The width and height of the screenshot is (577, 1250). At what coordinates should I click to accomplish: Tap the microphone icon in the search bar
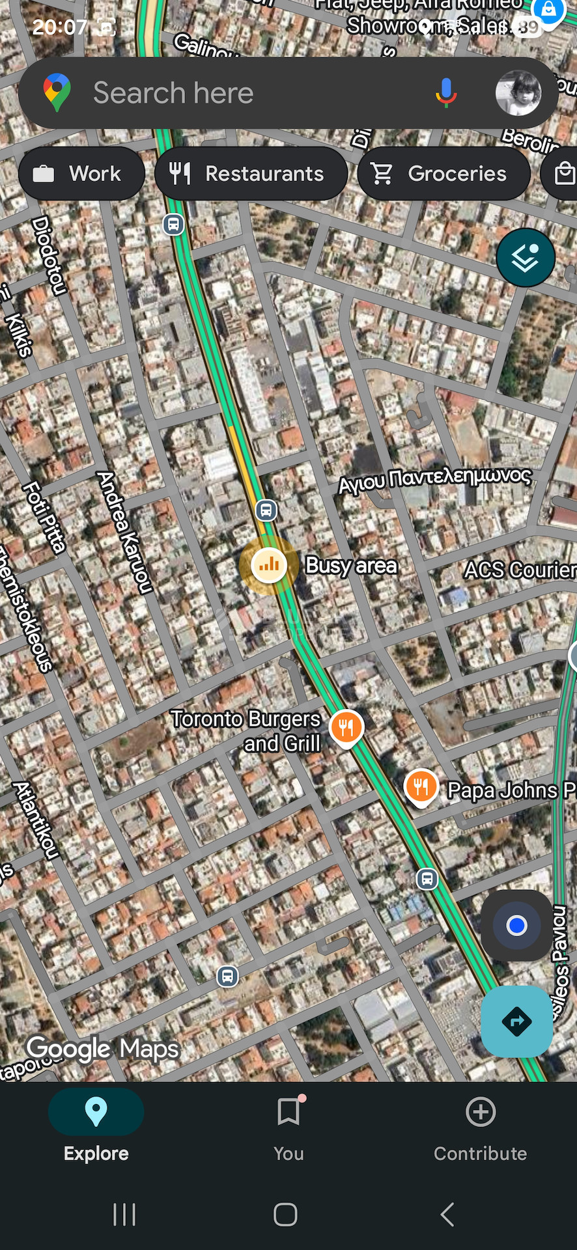[446, 93]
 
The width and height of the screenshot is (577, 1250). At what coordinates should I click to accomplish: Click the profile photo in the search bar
[518, 93]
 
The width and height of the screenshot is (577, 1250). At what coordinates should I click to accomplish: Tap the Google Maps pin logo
[57, 92]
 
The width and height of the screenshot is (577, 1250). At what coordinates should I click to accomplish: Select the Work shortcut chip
[81, 174]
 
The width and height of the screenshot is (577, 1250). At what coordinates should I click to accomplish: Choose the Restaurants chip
[251, 174]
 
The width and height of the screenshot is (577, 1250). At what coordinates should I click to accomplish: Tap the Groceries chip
[443, 174]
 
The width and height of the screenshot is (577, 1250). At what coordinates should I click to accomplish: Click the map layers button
[525, 258]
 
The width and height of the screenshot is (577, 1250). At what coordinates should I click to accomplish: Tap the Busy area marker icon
[268, 564]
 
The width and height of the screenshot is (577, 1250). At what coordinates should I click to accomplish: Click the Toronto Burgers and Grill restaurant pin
[346, 727]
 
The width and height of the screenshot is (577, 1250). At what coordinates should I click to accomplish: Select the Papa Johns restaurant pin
[421, 786]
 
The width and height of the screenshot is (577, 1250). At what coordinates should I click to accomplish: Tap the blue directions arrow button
[516, 1021]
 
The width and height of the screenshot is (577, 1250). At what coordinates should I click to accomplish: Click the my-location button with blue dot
[516, 925]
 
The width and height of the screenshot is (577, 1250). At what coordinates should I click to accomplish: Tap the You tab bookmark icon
[288, 1112]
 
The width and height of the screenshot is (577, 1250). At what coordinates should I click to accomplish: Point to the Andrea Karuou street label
[124, 533]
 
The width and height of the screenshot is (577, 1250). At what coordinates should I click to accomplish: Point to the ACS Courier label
[519, 570]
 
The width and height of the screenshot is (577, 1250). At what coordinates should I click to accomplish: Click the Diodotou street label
[50, 256]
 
